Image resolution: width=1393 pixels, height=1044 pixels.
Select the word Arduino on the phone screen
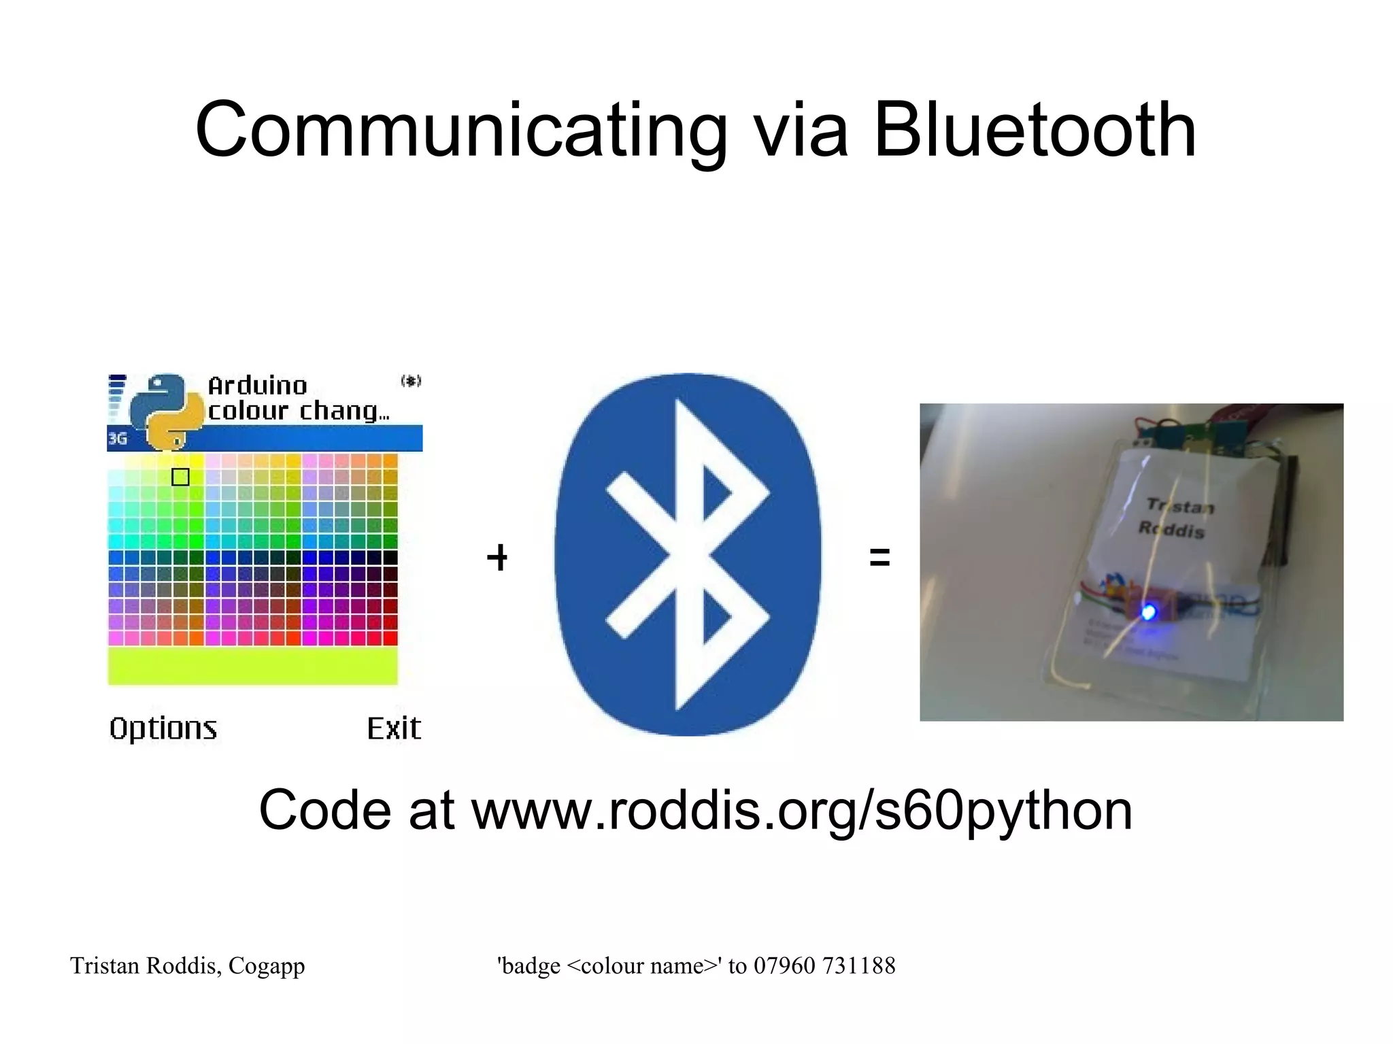(x=257, y=386)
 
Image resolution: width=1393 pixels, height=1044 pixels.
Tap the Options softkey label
(x=163, y=728)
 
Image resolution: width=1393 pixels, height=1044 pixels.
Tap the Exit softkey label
(x=394, y=728)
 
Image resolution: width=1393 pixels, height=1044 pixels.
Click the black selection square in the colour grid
(x=180, y=477)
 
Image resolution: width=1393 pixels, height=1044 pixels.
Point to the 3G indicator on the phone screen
(x=118, y=439)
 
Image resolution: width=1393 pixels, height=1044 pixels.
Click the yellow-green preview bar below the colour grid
(x=252, y=665)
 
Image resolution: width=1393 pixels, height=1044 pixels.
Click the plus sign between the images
(x=497, y=558)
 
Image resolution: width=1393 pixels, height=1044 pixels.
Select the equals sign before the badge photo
(x=879, y=558)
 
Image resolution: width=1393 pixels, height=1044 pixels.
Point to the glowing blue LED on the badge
(x=1148, y=612)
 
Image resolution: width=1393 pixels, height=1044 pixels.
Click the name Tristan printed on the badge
(x=1180, y=505)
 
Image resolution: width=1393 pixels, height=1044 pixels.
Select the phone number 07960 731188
(x=824, y=966)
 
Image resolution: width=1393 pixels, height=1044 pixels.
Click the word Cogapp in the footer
(x=267, y=966)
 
